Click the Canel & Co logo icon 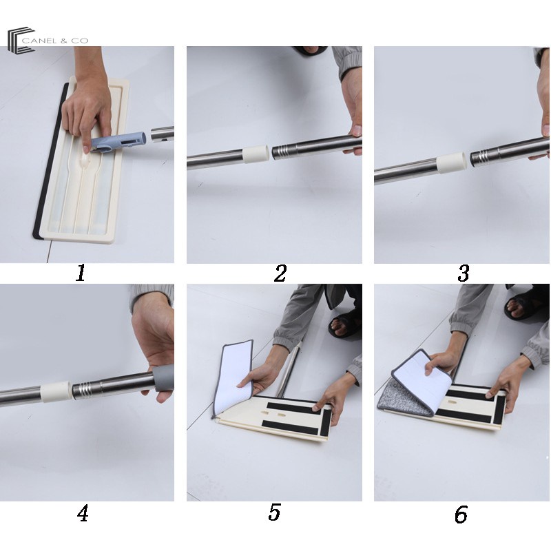[x=21, y=40]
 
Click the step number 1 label [x=81, y=273]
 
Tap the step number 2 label [x=280, y=273]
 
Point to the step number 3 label [x=464, y=273]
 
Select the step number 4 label [x=83, y=513]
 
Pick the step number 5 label [x=274, y=512]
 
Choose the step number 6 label [x=461, y=514]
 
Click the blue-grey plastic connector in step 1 [x=118, y=143]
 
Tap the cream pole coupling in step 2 [x=256, y=154]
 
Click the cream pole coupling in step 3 [x=452, y=163]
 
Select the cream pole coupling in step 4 [x=56, y=391]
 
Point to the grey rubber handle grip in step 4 [x=163, y=381]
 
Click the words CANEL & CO [x=55, y=41]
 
